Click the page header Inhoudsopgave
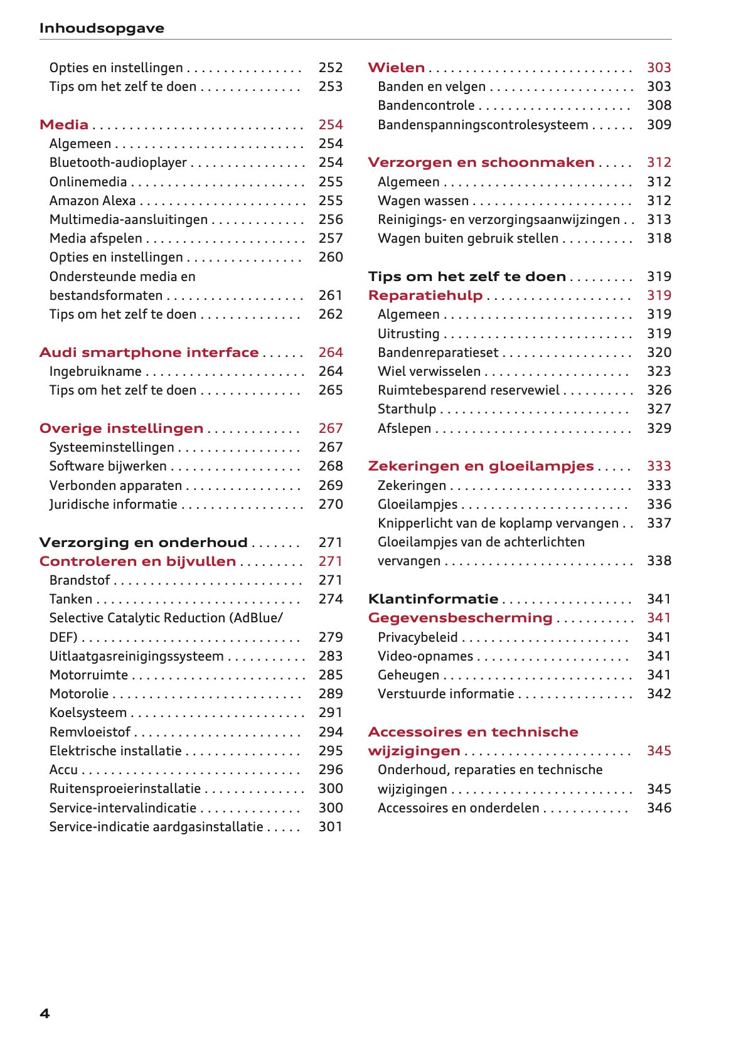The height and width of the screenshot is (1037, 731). pyautogui.click(x=102, y=28)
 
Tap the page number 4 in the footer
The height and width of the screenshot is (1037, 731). pyautogui.click(x=45, y=1013)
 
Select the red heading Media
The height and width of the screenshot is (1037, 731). pyautogui.click(x=64, y=124)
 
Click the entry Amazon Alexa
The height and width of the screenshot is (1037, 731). pyautogui.click(x=92, y=201)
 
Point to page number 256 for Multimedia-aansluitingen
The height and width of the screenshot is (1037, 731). pyautogui.click(x=330, y=220)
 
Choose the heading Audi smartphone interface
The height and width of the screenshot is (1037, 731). pyautogui.click(x=149, y=353)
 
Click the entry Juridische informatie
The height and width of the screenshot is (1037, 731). pyautogui.click(x=113, y=504)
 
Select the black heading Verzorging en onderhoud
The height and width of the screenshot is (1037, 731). pyautogui.click(x=143, y=543)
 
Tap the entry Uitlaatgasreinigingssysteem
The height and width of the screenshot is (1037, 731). pyautogui.click(x=136, y=656)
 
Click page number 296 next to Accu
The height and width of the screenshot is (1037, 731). pyautogui.click(x=330, y=770)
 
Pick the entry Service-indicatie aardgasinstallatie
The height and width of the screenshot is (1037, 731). pyautogui.click(x=156, y=827)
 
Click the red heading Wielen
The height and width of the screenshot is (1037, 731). pyautogui.click(x=396, y=68)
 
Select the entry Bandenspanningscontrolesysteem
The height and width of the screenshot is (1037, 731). pyautogui.click(x=483, y=125)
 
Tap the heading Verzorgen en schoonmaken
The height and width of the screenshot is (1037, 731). pyautogui.click(x=481, y=162)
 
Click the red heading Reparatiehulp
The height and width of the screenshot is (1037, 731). pyautogui.click(x=425, y=295)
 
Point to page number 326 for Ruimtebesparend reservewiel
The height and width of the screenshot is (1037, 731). pyautogui.click(x=659, y=390)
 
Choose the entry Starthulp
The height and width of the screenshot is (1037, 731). pyautogui.click(x=407, y=409)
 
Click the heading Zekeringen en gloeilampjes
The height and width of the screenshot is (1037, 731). pyautogui.click(x=481, y=466)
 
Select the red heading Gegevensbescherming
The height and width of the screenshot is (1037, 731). pyautogui.click(x=460, y=618)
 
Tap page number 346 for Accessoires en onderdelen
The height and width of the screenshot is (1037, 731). pyautogui.click(x=659, y=808)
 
